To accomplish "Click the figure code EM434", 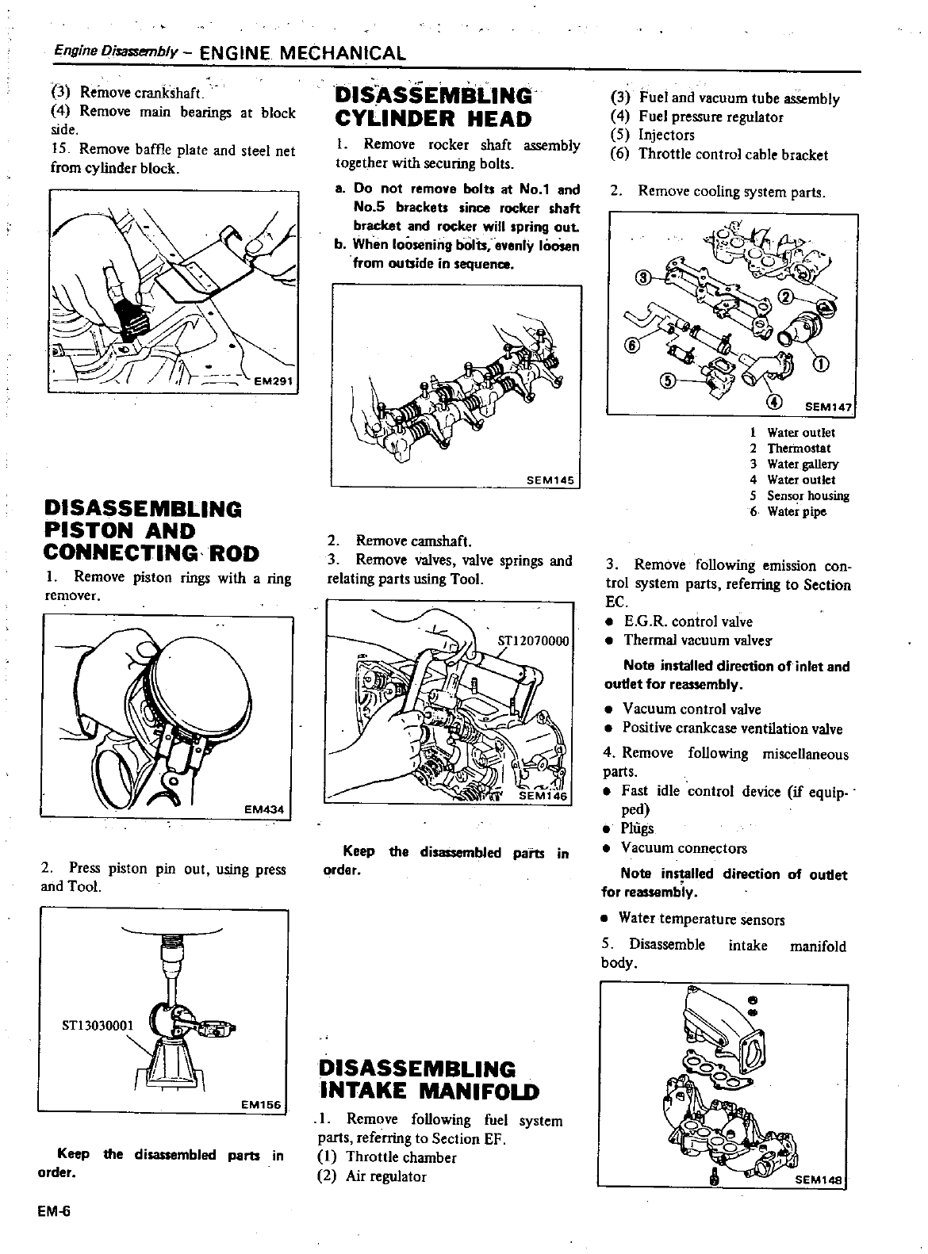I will click(x=264, y=809).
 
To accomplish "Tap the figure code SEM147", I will click(x=828, y=407).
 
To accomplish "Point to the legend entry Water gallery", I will click(x=802, y=464).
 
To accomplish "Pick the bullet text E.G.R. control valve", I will click(x=688, y=621).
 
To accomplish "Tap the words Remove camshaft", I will click(x=413, y=541).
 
